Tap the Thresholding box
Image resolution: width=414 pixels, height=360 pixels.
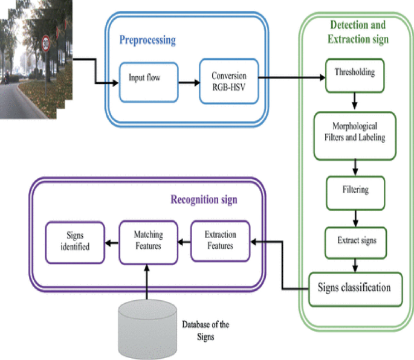[355, 74]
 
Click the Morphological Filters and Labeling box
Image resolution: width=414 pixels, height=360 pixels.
[355, 132]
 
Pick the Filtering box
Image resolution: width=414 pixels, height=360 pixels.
[355, 190]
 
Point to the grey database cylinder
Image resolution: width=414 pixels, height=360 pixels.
[147, 329]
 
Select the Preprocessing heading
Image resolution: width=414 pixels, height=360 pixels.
[147, 41]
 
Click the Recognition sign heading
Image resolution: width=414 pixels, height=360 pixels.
[203, 199]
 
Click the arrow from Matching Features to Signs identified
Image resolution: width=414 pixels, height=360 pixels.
[111, 243]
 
